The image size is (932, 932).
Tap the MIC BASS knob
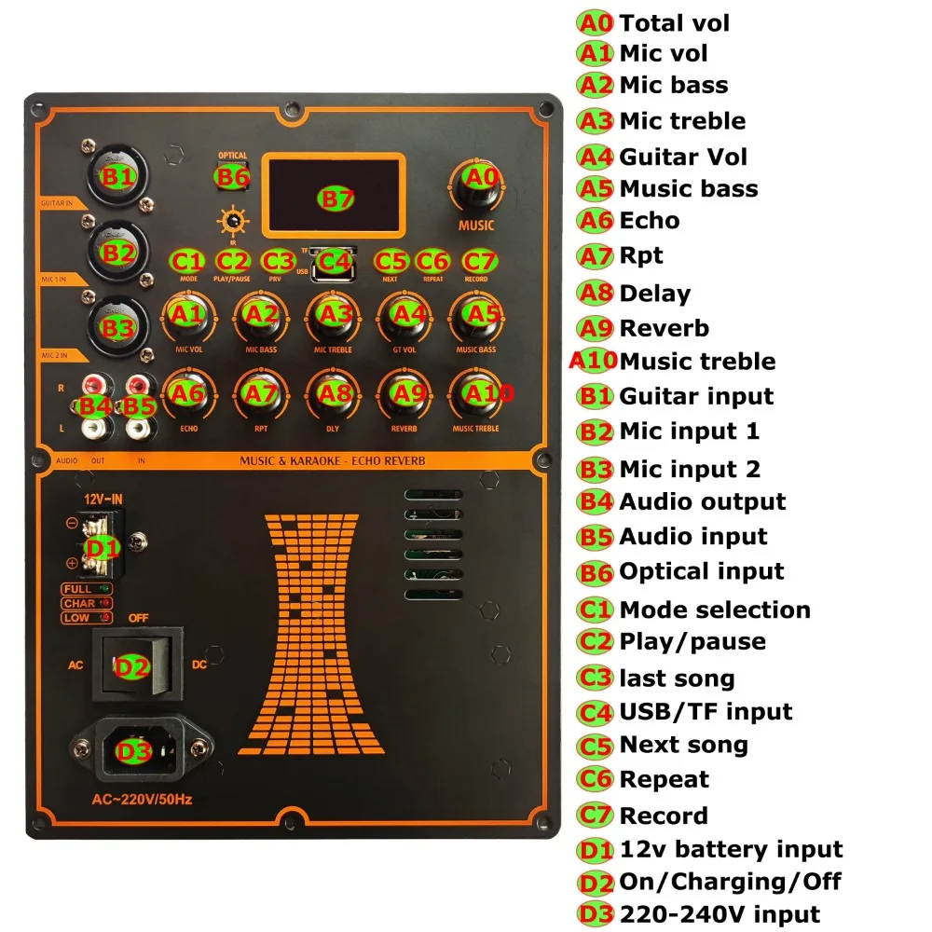tap(262, 318)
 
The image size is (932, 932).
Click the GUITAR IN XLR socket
tap(118, 174)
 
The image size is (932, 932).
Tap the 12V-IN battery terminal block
tap(103, 547)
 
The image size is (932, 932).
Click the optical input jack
tap(232, 175)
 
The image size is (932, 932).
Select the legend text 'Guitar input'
tap(696, 396)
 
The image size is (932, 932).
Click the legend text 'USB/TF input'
tap(706, 712)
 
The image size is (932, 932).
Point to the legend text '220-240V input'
tap(720, 914)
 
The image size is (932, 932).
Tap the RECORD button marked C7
tap(476, 261)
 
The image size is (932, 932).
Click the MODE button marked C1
tap(187, 261)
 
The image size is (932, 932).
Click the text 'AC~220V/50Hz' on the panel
tap(142, 799)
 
